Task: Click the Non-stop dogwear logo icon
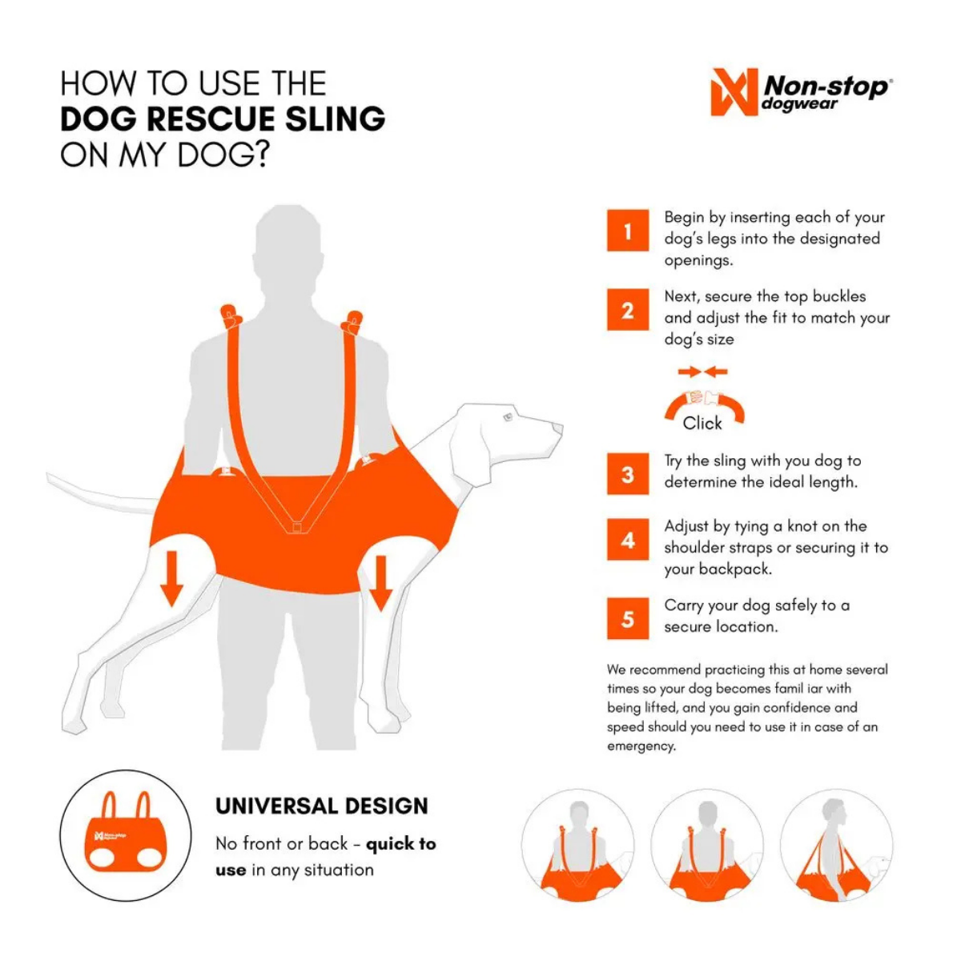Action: [x=734, y=92]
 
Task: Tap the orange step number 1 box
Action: [x=628, y=231]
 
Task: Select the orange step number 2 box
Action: [x=628, y=310]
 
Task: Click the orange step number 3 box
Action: [x=628, y=474]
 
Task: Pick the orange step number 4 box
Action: [x=628, y=540]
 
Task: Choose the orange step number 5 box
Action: [x=628, y=619]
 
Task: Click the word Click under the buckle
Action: [x=702, y=424]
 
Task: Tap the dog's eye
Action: [x=507, y=417]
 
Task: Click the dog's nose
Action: [x=558, y=429]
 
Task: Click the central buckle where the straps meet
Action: [x=296, y=528]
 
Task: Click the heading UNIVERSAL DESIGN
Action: [x=322, y=806]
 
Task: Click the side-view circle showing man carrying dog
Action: [x=836, y=846]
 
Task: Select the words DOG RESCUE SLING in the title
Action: [x=223, y=119]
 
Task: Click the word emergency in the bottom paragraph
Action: [x=641, y=746]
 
